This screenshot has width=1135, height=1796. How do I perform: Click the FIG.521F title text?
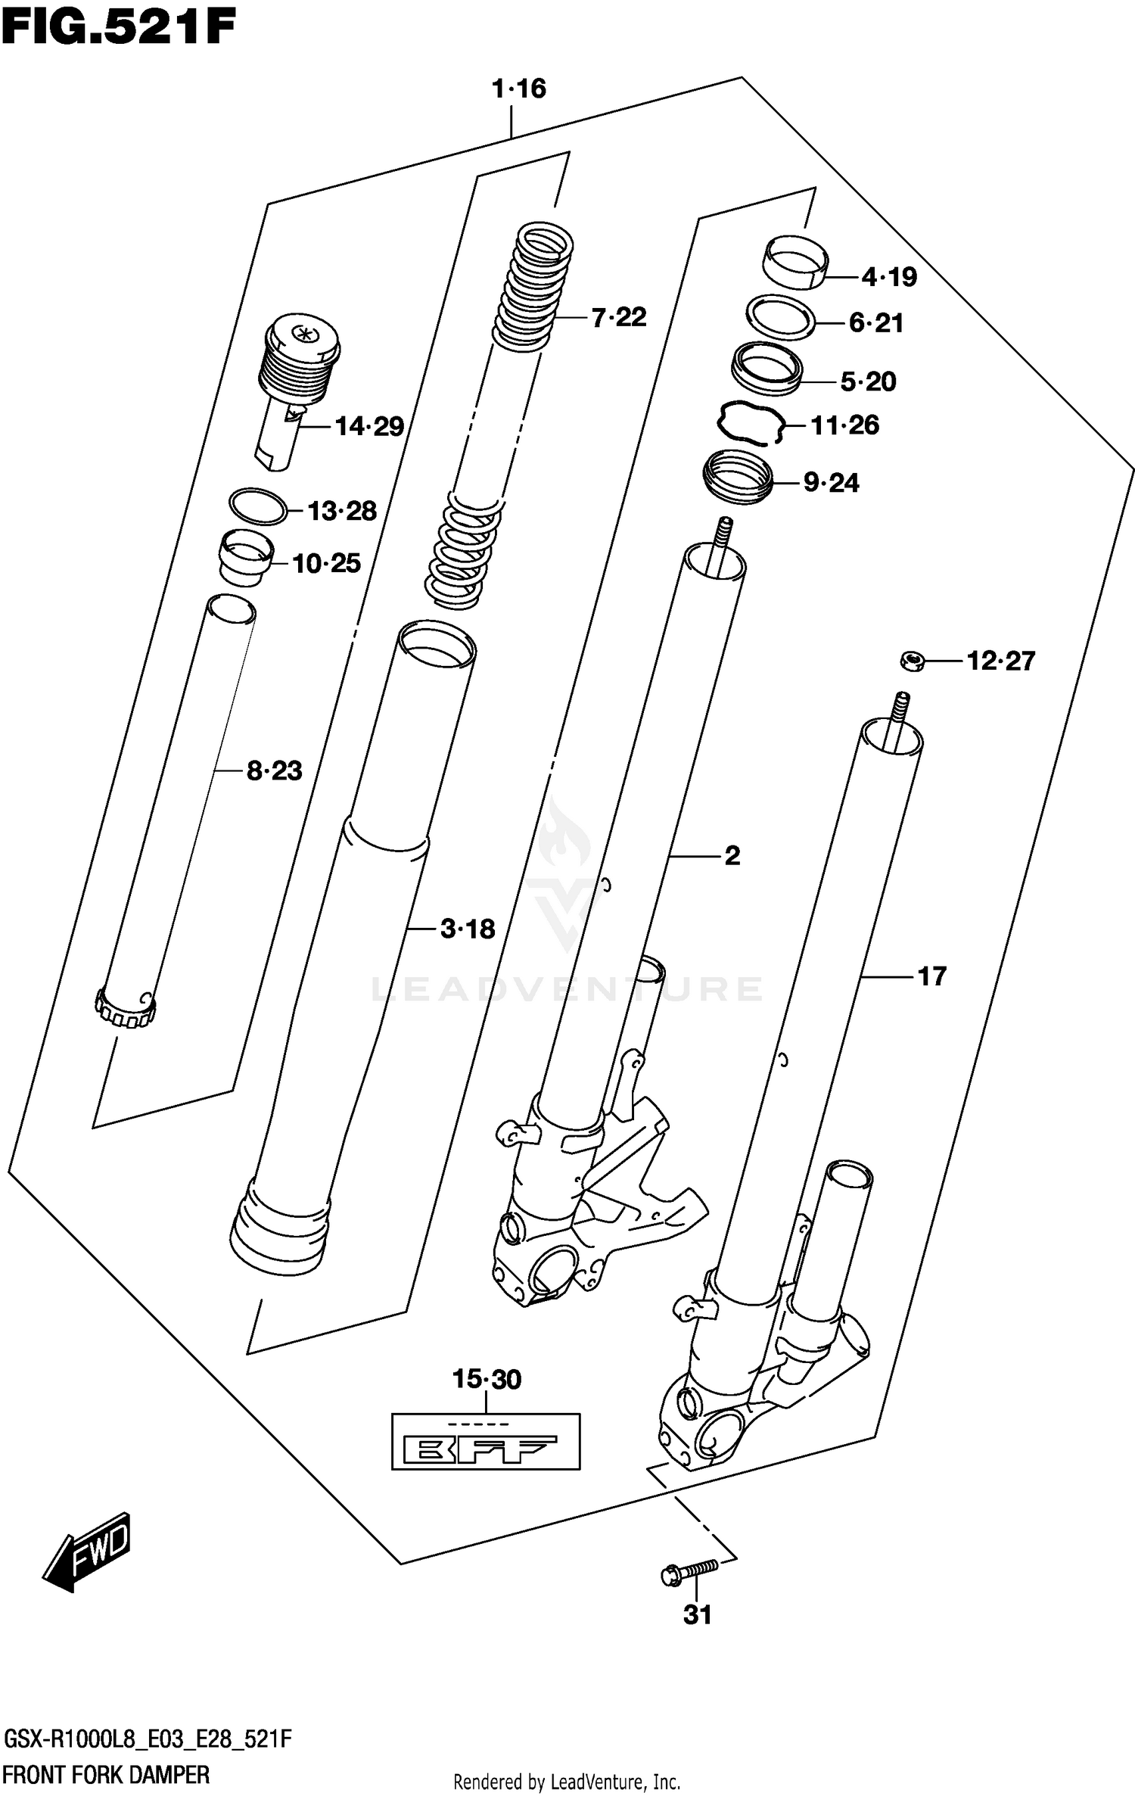(119, 26)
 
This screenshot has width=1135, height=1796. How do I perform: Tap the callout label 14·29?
(369, 427)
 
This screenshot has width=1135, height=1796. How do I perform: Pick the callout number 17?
(931, 976)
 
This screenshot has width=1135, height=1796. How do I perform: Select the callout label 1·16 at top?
(518, 89)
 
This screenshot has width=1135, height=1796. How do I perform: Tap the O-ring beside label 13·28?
(258, 506)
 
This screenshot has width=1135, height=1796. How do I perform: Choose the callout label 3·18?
(468, 929)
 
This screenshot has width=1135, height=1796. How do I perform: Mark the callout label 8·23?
(274, 771)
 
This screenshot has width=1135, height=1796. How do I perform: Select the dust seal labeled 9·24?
(739, 477)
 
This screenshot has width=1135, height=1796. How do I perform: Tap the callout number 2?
(732, 856)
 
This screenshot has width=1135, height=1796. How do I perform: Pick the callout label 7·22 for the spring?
(618, 317)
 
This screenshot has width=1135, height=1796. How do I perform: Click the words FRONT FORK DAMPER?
(106, 1774)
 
